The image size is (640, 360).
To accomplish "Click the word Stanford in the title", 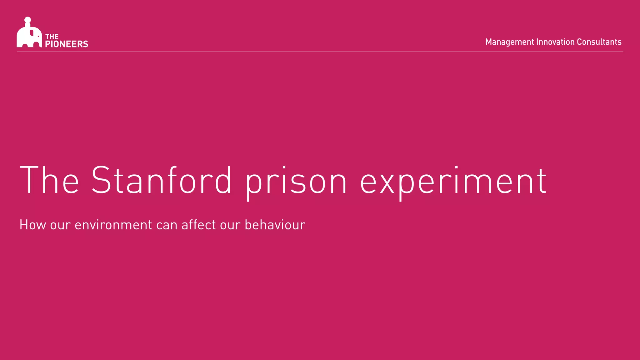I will point(161,180).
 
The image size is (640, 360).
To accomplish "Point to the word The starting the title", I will point(49,180).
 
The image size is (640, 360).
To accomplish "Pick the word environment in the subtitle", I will point(113,225).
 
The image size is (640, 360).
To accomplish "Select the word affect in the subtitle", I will point(198,225).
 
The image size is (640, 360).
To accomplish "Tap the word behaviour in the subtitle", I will point(275,225).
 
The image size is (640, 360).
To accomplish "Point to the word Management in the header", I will point(510,42).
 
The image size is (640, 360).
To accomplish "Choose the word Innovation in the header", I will point(555,42).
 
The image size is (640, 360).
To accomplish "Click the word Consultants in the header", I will point(599,42).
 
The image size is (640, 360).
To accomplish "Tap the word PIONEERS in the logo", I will point(67,44).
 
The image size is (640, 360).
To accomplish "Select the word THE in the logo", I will point(52,37).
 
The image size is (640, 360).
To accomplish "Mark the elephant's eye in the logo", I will point(38,36).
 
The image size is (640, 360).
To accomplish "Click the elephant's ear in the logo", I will point(32,32).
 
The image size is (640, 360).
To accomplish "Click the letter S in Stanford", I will point(101,180).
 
